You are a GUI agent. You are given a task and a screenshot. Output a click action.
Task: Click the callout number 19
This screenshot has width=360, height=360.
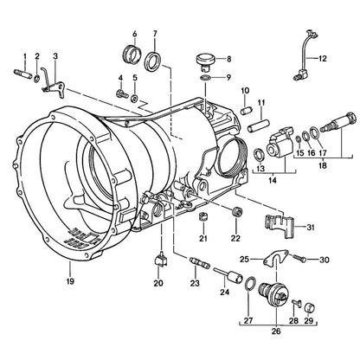[70, 280]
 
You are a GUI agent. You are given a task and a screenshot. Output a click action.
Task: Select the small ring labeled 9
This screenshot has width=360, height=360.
[205, 77]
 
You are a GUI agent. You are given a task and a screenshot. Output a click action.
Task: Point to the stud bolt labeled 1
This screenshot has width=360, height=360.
[22, 74]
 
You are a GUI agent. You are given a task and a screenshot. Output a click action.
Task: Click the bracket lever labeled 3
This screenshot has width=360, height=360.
[55, 84]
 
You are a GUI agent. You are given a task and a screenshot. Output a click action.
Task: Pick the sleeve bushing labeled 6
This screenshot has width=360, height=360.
[132, 54]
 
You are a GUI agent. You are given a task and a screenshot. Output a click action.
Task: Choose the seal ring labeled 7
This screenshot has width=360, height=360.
[153, 61]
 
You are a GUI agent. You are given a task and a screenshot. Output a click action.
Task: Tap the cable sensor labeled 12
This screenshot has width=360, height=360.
[305, 55]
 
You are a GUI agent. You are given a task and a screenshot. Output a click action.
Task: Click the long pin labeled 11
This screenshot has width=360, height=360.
[259, 127]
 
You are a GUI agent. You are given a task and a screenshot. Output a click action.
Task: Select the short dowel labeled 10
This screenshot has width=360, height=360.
[247, 111]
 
